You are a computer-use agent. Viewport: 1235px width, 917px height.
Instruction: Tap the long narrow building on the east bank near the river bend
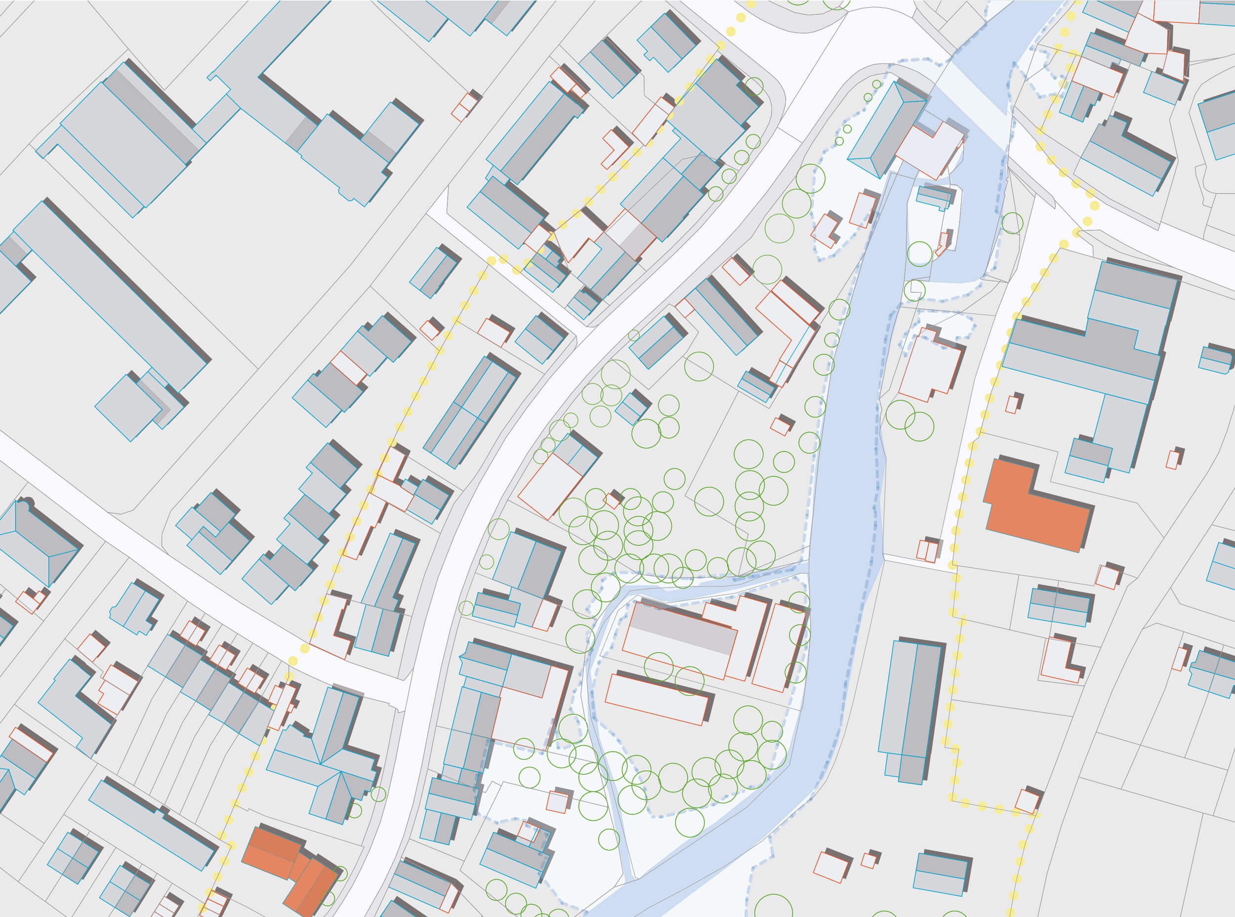pyautogui.click(x=910, y=710)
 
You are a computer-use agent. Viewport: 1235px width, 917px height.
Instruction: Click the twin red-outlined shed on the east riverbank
pyautogui.click(x=927, y=549)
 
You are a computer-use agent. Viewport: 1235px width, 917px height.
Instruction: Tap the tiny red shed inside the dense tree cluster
pyautogui.click(x=612, y=500)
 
